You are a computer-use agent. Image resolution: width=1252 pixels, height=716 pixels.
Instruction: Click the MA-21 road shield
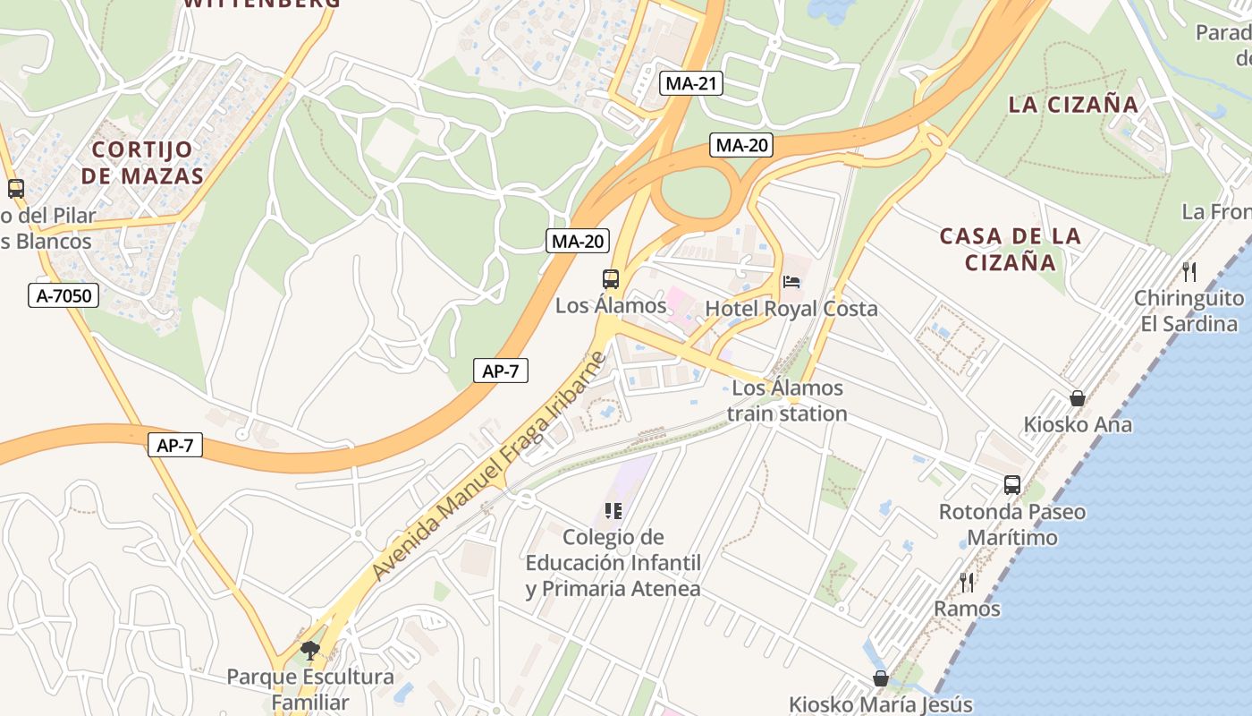[x=691, y=84]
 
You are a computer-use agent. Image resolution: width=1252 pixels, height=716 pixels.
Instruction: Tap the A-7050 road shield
[x=63, y=295]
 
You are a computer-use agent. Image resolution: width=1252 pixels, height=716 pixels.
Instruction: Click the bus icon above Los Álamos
[x=611, y=279]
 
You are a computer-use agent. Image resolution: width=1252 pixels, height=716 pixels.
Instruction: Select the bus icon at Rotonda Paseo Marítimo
[x=1011, y=485]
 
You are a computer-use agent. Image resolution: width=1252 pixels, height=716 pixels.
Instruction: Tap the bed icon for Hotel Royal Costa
[x=791, y=282]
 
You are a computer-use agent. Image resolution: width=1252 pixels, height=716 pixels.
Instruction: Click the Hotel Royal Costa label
[x=791, y=309]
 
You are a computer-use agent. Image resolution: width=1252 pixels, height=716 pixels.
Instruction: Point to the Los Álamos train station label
[x=787, y=401]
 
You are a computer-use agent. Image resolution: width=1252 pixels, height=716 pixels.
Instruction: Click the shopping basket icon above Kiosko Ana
[x=1078, y=398]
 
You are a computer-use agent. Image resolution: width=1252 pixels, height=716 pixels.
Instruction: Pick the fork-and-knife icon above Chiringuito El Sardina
[x=1189, y=271]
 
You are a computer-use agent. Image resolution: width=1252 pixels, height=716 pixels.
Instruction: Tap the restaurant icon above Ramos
[x=967, y=583]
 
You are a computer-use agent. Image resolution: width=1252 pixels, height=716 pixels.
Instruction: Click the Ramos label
[x=967, y=609]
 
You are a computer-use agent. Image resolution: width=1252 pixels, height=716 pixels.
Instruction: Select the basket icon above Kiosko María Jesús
[x=881, y=678]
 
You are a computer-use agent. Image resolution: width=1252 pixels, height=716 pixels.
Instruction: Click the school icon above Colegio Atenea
[x=613, y=511]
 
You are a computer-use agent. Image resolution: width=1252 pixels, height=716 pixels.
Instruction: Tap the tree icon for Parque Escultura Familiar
[x=310, y=651]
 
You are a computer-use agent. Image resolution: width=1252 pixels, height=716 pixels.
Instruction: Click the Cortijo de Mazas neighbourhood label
[x=142, y=162]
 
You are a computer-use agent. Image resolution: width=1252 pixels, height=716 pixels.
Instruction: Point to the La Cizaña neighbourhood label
[x=1073, y=105]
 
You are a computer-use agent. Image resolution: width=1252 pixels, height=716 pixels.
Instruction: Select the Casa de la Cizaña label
[x=1011, y=249]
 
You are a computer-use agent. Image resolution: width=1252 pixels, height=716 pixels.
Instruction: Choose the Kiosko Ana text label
[x=1078, y=424]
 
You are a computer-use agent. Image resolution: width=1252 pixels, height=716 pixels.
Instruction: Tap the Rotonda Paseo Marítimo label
[x=1011, y=524]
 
